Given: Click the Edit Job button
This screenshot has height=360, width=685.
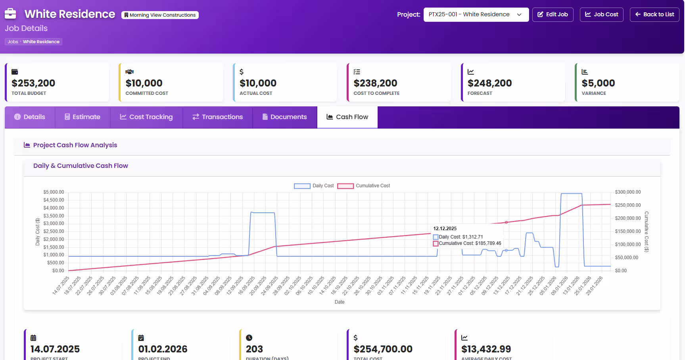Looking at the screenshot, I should [x=553, y=15].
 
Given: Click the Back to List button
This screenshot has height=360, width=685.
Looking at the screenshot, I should [x=654, y=15].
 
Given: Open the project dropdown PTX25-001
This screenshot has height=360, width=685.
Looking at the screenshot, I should [x=476, y=15].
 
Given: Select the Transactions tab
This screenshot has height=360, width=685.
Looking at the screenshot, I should [x=218, y=117].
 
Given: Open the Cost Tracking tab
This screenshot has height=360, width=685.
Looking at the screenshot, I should [x=146, y=117].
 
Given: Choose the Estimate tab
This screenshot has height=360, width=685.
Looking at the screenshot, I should [x=83, y=117].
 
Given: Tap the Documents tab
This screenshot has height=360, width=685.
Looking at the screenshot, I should [x=284, y=117].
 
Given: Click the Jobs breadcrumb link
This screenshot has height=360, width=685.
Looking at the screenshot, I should [x=13, y=42].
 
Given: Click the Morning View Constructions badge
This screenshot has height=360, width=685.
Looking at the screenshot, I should [x=160, y=15].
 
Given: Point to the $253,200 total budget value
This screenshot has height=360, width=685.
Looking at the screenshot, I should [x=33, y=83].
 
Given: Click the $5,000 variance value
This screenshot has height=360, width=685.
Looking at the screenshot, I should [x=598, y=83].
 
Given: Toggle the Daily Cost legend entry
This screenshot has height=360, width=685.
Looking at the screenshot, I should [x=314, y=186].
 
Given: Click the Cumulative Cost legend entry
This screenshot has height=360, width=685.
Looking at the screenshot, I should [x=364, y=186].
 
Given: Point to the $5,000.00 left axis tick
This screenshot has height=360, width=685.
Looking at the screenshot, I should [x=54, y=192].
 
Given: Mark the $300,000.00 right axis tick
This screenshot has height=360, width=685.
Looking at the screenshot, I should [x=627, y=192].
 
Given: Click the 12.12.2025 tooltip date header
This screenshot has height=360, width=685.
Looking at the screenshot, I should [x=445, y=229].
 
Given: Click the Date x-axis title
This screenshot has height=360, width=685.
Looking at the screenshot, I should [x=340, y=302].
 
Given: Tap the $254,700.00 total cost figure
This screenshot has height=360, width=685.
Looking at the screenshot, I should [x=383, y=349].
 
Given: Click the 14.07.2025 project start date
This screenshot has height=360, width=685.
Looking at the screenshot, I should [x=55, y=349].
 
